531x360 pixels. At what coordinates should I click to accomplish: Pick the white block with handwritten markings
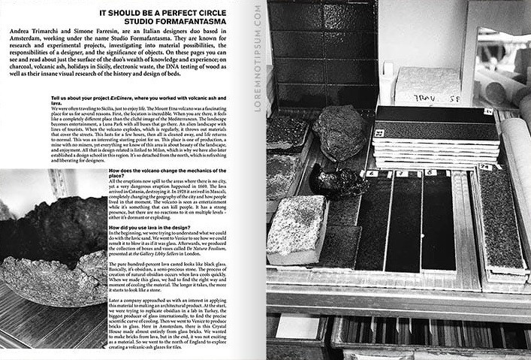[x=429, y=89]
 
